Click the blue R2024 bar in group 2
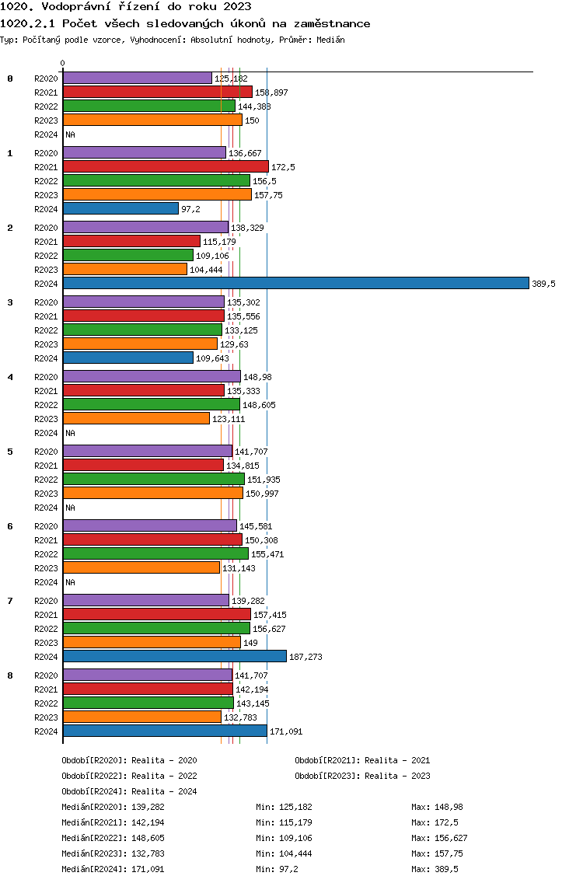coord(296,283)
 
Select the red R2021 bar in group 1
coord(166,166)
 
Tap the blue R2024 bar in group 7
coord(175,656)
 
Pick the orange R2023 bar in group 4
coord(136,418)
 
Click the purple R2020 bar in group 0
coord(138,79)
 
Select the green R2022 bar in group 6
coord(156,553)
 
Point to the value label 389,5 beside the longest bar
coord(543,284)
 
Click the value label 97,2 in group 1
coord(190,209)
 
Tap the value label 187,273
coord(305,657)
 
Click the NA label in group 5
coord(71,508)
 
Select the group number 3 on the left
coord(10,302)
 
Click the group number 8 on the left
coord(10,675)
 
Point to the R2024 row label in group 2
coord(46,284)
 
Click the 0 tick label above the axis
coord(62,63)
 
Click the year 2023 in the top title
coord(237,7)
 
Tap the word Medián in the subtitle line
coord(330,40)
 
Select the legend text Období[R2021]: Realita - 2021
coord(362,760)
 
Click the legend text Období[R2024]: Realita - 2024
coord(129,791)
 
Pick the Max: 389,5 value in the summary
coord(435,869)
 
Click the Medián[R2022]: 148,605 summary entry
coord(113,838)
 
